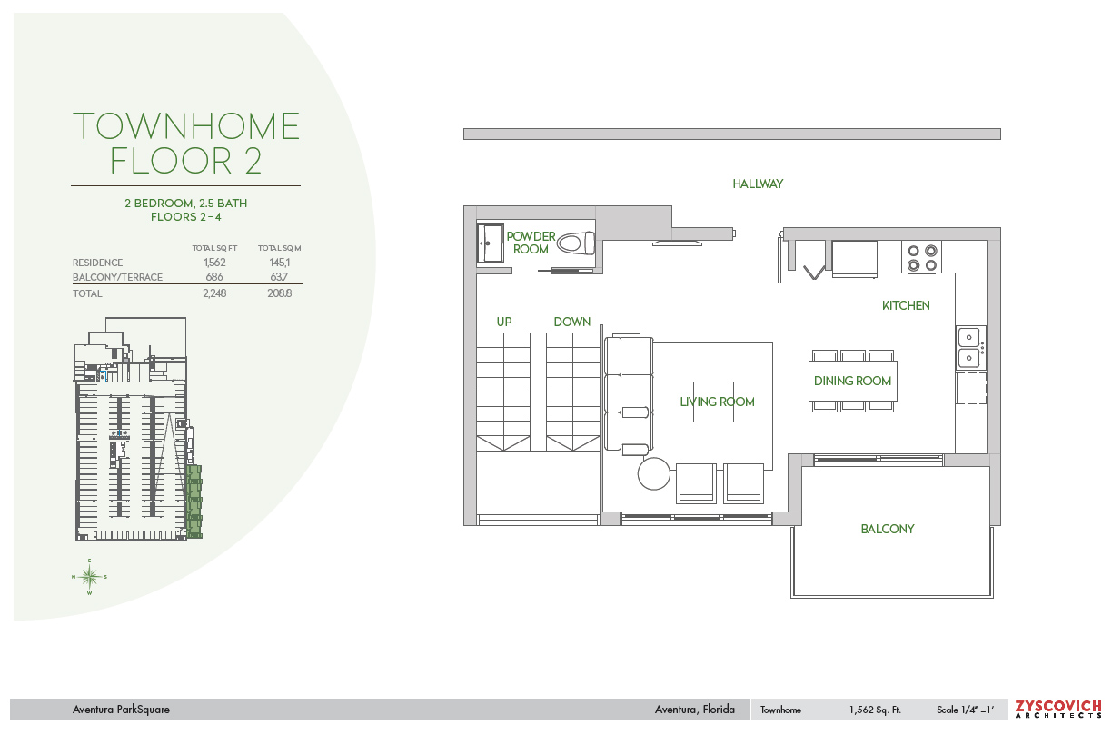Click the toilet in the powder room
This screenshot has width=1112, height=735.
(x=576, y=243)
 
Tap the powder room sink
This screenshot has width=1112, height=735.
(x=490, y=243)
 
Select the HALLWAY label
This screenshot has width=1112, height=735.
(x=758, y=184)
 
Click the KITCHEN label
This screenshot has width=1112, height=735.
(x=906, y=305)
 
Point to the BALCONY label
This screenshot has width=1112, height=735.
(x=887, y=529)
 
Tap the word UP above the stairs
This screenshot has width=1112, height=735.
(x=504, y=322)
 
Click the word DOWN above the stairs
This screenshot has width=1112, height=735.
(x=571, y=322)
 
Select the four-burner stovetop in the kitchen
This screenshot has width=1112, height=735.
(x=922, y=258)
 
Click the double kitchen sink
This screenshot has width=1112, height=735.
(x=970, y=347)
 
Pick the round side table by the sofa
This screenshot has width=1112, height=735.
(x=654, y=473)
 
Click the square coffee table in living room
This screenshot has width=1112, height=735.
(x=713, y=402)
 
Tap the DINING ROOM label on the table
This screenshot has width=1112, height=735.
(x=852, y=382)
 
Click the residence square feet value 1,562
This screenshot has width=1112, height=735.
(x=214, y=263)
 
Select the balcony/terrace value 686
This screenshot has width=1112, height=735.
(x=214, y=277)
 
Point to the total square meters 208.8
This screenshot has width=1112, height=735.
(x=280, y=293)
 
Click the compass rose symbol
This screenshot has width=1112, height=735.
(x=89, y=577)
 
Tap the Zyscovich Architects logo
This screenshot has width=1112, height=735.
(x=1057, y=709)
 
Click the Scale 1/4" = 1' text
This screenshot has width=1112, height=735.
(x=965, y=710)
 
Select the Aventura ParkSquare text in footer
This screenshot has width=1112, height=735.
(x=121, y=710)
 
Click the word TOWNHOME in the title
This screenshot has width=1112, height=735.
(x=186, y=126)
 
